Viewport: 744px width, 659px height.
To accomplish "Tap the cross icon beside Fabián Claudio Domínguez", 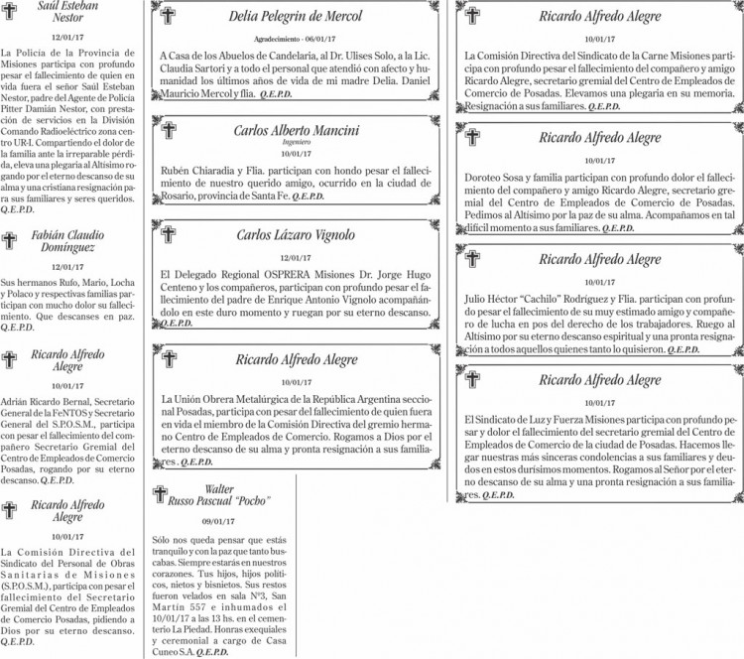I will pyautogui.click(x=10, y=240).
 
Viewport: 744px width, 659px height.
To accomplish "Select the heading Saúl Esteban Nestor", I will pyautogui.click(x=68, y=10).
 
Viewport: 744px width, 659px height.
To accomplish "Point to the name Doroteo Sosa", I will pyautogui.click(x=494, y=177).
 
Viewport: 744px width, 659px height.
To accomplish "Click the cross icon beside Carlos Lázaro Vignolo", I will pyautogui.click(x=168, y=235).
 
